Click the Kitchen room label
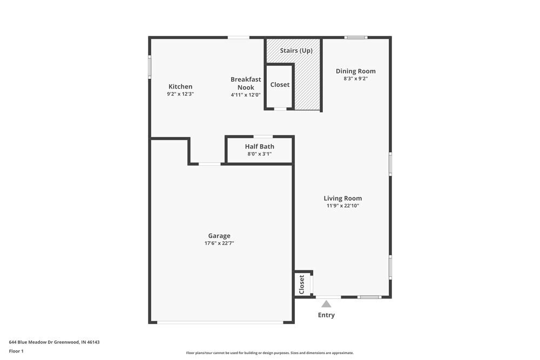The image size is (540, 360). (x=180, y=86)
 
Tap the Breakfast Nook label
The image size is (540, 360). (x=246, y=83)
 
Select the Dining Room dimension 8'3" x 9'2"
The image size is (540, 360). (x=355, y=79)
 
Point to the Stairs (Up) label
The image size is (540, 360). (x=296, y=51)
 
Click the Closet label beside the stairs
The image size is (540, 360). (x=280, y=85)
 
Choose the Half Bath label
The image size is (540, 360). (x=259, y=146)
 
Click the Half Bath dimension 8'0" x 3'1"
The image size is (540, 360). (x=259, y=154)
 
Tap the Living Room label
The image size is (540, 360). (x=342, y=198)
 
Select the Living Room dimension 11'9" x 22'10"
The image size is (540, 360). (x=342, y=206)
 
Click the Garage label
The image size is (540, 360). (x=219, y=236)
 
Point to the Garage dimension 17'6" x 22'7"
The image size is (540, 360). (x=219, y=243)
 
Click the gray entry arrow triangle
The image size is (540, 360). (x=326, y=304)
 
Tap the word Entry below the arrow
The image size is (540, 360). (x=326, y=315)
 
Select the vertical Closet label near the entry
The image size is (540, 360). (x=302, y=284)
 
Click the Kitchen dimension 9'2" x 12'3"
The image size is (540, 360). (x=180, y=94)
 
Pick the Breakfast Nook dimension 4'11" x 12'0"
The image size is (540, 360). (x=246, y=95)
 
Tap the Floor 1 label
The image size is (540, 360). (x=16, y=351)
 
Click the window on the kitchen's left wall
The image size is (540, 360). (x=150, y=67)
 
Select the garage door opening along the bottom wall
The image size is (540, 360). (x=220, y=323)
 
